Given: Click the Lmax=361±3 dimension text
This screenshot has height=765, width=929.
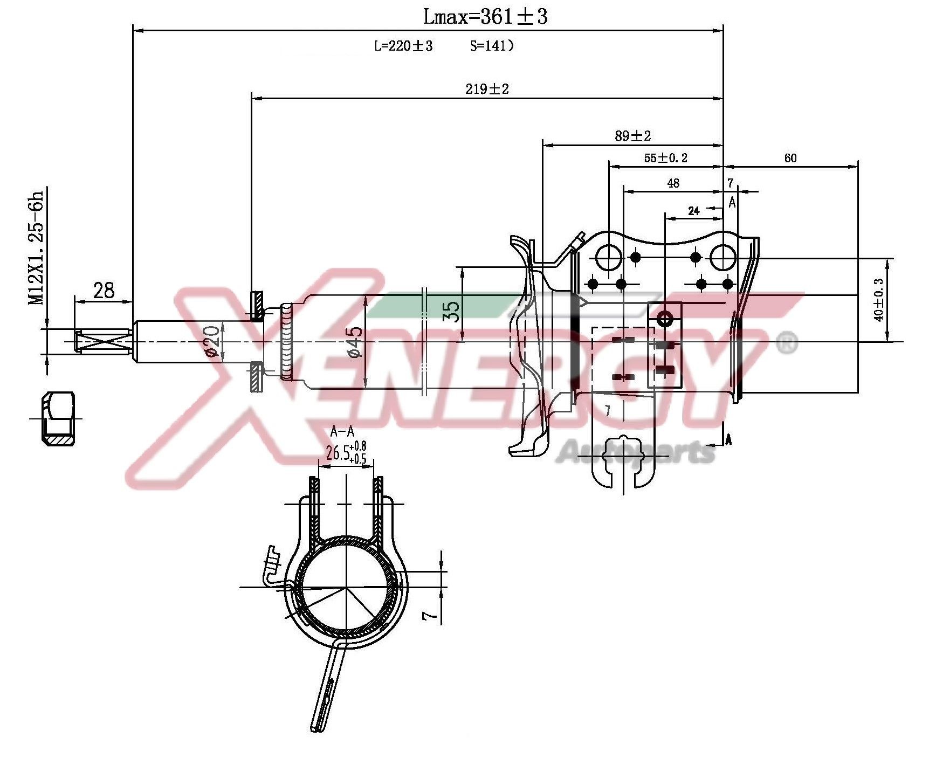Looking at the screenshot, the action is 485,17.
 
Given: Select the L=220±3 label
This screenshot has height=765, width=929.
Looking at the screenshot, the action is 403,46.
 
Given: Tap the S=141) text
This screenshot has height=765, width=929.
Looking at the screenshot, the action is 491,46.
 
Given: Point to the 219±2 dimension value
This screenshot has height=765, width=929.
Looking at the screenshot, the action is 487,89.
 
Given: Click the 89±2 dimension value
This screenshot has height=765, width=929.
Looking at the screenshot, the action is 633,136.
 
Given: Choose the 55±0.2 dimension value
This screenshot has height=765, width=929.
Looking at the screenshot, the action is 666,158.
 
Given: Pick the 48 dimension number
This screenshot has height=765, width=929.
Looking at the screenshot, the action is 673,183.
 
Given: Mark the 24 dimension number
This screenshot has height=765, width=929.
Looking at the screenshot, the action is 693,211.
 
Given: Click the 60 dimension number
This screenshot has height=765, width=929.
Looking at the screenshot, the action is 790,158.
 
